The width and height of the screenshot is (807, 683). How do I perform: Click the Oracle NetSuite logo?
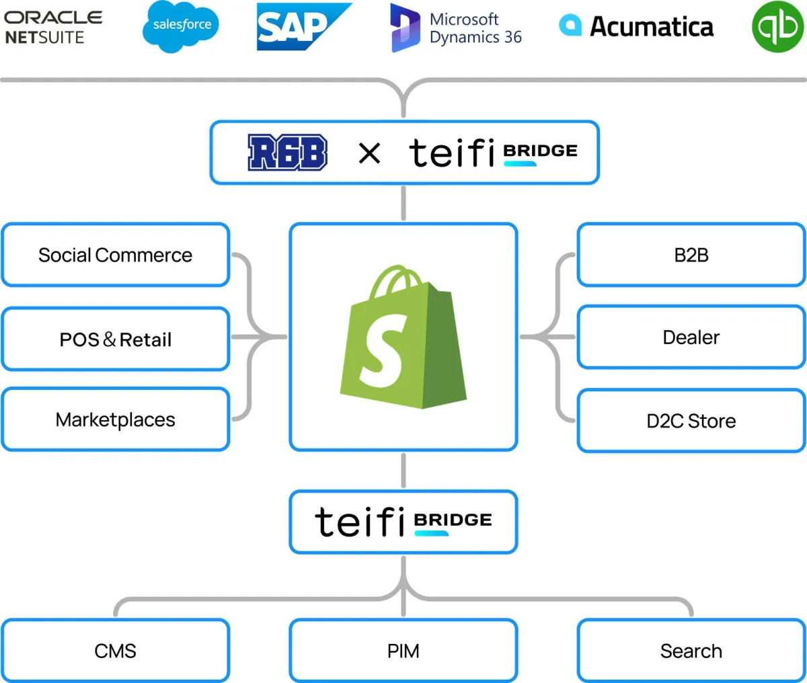54,27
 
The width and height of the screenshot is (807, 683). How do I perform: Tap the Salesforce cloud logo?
181,26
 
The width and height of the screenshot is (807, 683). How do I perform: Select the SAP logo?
302,27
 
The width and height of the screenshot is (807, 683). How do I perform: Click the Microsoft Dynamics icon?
405,28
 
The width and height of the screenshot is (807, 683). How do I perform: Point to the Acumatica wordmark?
651,27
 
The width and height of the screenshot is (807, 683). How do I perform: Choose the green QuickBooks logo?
777,27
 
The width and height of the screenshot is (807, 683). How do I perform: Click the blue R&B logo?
288,153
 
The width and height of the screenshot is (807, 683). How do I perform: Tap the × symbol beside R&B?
369,153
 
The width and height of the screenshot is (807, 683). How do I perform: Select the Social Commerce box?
116,255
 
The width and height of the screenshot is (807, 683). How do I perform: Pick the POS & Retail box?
116,339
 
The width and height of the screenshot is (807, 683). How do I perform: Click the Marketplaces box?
116,420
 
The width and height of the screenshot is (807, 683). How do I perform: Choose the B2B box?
691,255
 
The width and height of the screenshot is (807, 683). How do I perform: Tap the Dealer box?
691,337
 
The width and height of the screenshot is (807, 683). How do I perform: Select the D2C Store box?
691,421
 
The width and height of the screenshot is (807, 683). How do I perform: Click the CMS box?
116,651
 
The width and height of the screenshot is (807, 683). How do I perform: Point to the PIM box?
403,651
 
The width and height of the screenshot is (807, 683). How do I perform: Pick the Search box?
691,651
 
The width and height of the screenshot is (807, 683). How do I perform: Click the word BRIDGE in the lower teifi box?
453,520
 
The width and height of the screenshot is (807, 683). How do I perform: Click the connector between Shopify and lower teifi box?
403,471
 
